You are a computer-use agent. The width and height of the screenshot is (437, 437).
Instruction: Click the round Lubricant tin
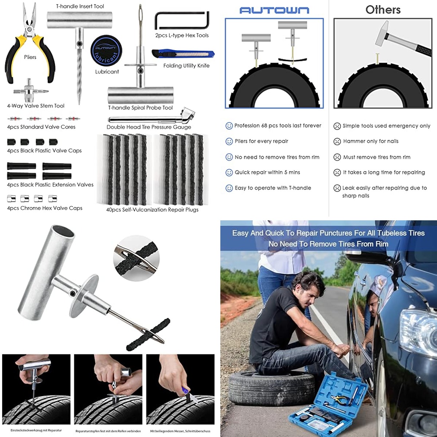106,51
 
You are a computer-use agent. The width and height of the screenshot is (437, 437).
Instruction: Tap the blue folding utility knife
183,54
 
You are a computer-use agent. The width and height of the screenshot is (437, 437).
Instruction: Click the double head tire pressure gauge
151,116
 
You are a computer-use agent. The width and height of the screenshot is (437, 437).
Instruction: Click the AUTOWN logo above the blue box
274,11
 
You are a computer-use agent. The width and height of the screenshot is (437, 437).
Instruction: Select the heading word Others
383,10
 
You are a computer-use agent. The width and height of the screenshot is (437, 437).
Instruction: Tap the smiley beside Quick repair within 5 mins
229,173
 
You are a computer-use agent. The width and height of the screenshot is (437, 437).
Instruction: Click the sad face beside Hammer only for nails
337,142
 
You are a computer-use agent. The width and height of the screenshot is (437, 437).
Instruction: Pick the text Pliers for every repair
261,141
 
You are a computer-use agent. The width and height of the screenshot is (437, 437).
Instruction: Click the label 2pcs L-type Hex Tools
182,35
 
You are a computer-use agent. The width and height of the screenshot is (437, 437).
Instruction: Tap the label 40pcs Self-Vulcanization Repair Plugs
152,209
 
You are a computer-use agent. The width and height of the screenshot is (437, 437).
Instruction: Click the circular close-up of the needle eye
136,258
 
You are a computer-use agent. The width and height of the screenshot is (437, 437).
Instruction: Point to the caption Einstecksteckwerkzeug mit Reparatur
36,430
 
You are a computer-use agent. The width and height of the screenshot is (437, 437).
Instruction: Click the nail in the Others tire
377,58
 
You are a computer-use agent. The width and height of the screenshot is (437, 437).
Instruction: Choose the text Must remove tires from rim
377,157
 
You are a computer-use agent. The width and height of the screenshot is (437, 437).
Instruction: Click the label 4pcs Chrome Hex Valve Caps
45,208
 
